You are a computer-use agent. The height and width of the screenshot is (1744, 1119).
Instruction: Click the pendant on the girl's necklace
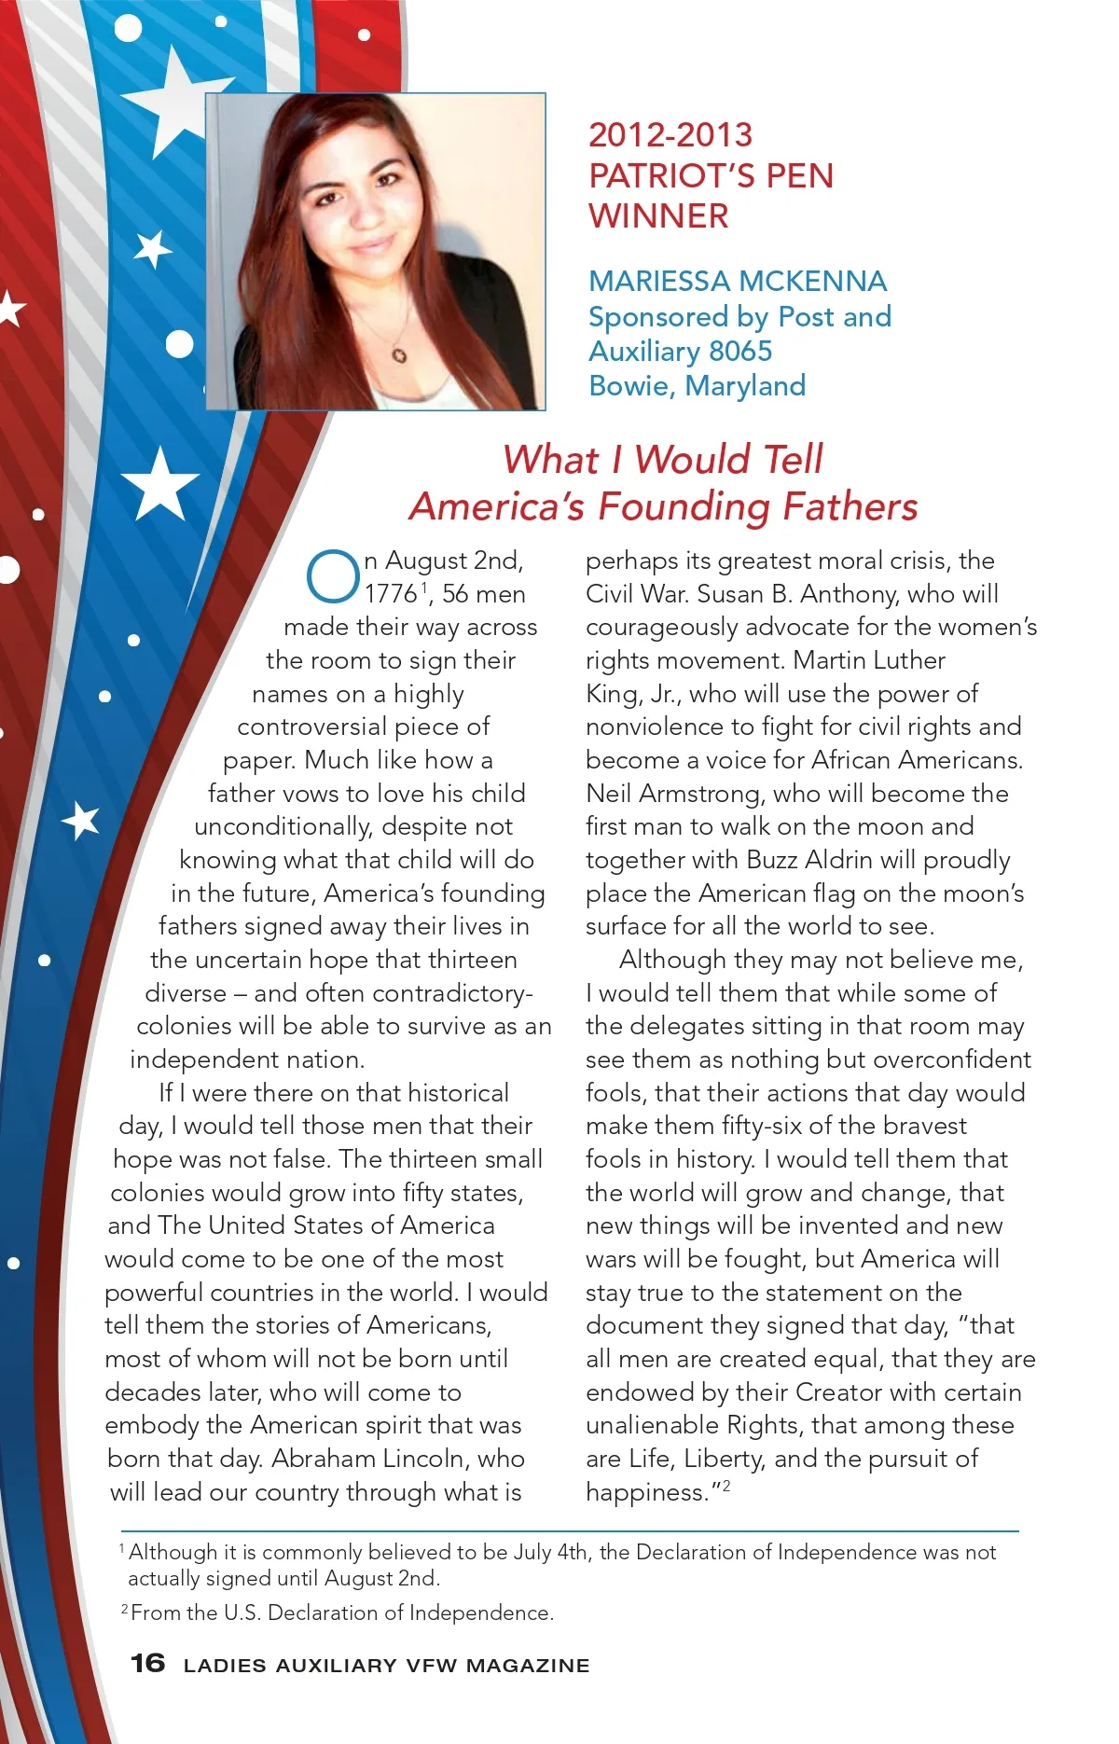click(x=399, y=354)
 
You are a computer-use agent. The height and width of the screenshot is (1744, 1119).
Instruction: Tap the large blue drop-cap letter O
click(x=333, y=577)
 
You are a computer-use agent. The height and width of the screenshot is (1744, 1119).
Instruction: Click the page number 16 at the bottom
click(x=147, y=1663)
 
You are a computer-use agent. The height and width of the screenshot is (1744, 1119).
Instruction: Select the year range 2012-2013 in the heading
click(x=670, y=135)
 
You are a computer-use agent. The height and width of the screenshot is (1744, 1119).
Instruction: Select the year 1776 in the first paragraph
click(x=391, y=594)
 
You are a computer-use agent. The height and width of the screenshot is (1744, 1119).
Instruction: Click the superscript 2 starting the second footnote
click(x=124, y=1609)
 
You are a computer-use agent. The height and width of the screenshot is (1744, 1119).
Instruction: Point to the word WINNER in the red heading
click(x=658, y=216)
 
